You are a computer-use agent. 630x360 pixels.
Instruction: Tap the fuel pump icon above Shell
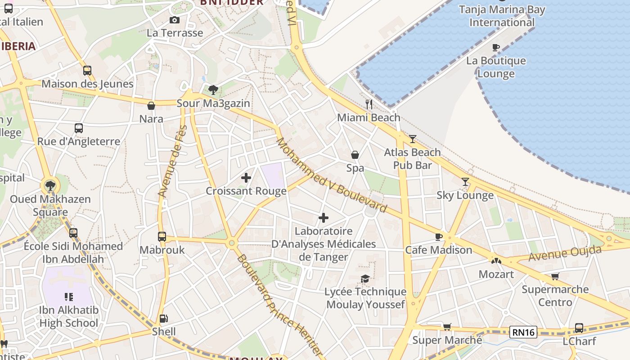tap(164, 319)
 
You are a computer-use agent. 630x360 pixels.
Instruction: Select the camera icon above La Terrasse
tap(175, 20)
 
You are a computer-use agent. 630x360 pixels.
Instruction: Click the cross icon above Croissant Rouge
tap(246, 178)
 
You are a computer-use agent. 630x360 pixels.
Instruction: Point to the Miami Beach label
tap(369, 117)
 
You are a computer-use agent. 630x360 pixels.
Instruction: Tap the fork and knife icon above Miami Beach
tap(369, 104)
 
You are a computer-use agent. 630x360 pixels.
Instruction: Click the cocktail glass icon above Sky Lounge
tap(465, 182)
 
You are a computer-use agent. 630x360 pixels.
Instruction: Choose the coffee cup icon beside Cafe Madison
tap(439, 237)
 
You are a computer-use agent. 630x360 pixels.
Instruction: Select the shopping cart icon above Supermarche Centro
tap(555, 276)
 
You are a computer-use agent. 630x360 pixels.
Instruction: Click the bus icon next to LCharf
tap(579, 328)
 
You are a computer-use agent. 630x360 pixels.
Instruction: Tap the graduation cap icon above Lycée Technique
tap(365, 279)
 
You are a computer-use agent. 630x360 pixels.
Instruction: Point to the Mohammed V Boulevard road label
tap(331, 175)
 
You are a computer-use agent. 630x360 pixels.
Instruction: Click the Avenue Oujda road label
tap(565, 253)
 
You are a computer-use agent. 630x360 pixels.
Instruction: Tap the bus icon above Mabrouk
tap(162, 237)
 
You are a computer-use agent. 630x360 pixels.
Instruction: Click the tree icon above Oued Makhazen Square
tap(50, 185)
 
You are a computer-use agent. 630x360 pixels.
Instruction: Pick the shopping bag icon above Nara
tap(151, 106)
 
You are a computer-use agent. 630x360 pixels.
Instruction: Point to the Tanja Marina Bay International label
tap(502, 16)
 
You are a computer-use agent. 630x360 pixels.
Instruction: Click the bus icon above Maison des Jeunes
tap(87, 71)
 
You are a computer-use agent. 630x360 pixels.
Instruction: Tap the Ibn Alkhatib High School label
tap(68, 316)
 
